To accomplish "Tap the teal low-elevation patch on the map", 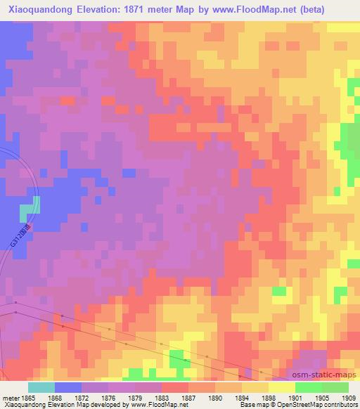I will [x=30, y=209].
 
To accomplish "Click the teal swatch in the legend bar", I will [x=41, y=387].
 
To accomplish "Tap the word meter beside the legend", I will [x=11, y=398].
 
